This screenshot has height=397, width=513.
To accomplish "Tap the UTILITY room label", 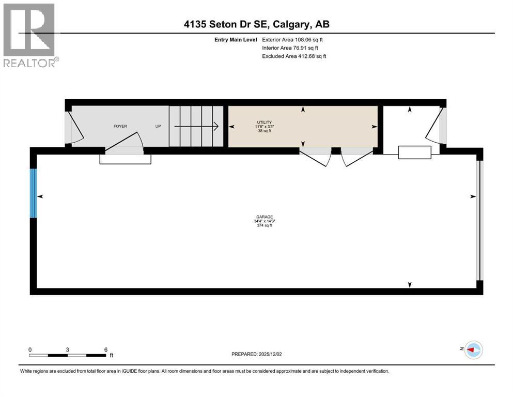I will (x=264, y=122).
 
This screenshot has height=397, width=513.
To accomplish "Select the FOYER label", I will (x=120, y=126).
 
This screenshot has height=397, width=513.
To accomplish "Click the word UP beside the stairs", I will (x=158, y=126).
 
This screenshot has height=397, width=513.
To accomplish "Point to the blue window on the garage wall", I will (x=34, y=193).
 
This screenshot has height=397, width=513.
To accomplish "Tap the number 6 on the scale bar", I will (x=105, y=349).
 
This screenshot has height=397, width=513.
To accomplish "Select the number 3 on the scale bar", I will (x=68, y=349).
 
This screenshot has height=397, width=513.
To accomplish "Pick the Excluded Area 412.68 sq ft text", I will (x=294, y=56).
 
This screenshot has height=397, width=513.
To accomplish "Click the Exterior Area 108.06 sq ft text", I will (x=293, y=39).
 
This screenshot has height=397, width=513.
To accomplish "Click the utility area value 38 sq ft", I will (x=264, y=131).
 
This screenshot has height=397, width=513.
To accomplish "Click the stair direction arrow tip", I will (x=218, y=126).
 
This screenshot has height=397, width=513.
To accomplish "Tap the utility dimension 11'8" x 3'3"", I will (x=264, y=127).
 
